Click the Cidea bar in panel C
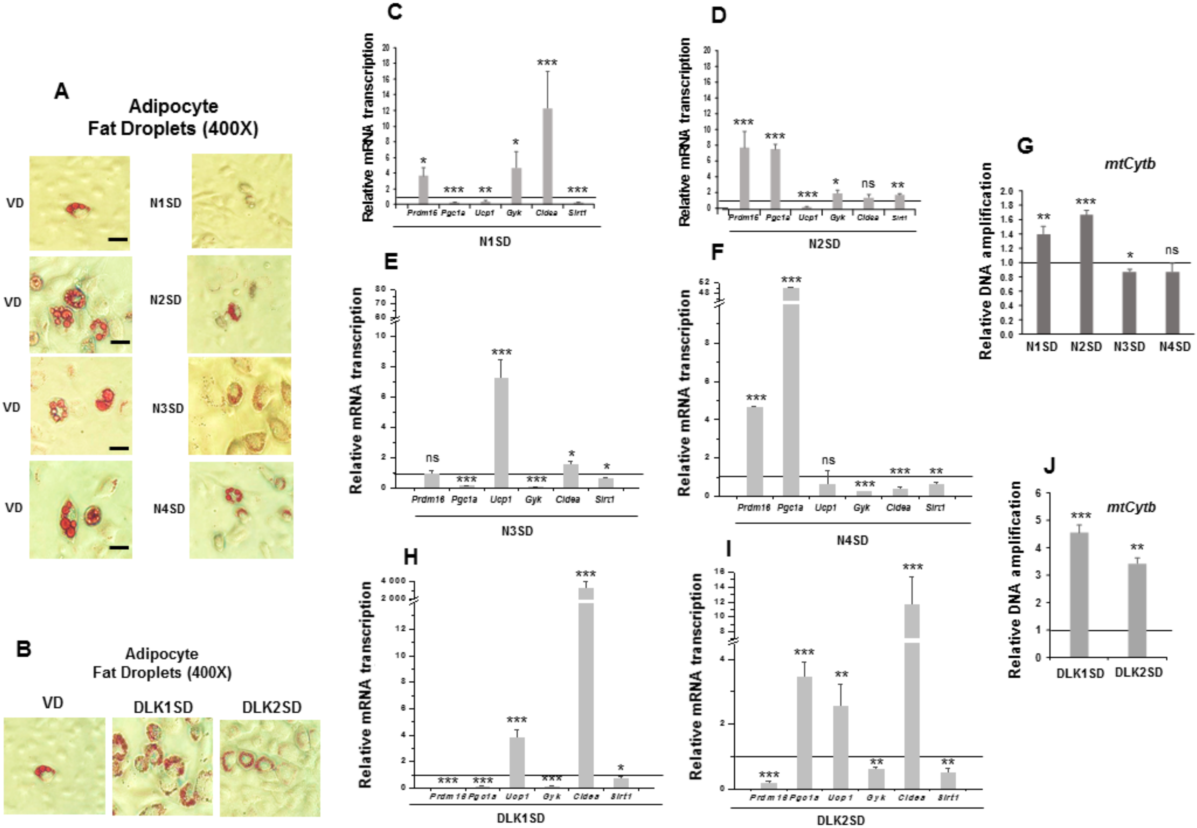[547, 156]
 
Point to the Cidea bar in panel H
[586, 690]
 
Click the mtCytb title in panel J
[1131, 507]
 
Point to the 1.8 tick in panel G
[1007, 206]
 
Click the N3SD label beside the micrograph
[168, 408]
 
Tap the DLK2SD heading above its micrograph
[271, 707]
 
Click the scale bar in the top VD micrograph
[118, 239]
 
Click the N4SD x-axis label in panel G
[1175, 347]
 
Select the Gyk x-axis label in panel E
[533, 499]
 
